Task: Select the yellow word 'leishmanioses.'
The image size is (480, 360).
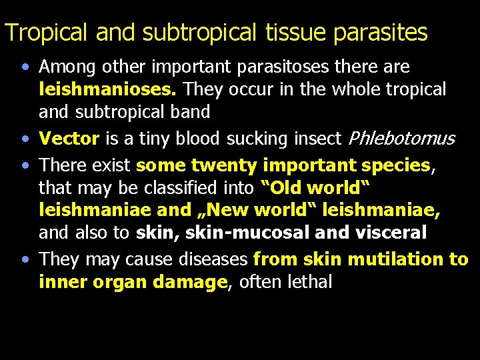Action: pos(109,89)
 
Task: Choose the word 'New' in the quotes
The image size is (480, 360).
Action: pos(237,211)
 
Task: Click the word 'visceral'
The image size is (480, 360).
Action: pos(388,233)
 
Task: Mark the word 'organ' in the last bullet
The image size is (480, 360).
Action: pos(123,282)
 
